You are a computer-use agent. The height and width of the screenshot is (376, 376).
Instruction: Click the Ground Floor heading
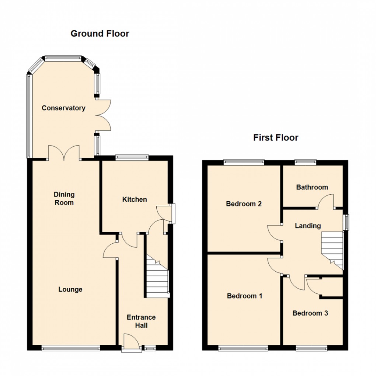pos(100,34)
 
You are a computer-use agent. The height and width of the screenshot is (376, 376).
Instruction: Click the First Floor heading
pos(275,138)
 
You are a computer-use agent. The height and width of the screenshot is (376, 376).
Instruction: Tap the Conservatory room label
pos(63,108)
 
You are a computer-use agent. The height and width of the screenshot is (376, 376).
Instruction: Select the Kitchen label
pos(135,199)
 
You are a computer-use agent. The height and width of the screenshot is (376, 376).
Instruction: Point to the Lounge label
pos(70,289)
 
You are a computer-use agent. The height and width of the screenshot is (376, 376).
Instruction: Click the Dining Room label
pos(64,198)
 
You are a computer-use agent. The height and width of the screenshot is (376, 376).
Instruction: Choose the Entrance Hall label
pos(141,321)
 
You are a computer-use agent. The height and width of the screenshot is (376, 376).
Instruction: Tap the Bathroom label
pos(312,187)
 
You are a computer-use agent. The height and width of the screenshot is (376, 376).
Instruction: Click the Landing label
pos(308,226)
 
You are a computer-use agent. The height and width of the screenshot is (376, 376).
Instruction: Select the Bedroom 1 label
pos(244,296)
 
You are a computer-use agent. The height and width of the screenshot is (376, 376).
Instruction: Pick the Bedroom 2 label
pos(244,203)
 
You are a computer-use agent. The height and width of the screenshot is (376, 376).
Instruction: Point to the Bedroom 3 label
pos(310,313)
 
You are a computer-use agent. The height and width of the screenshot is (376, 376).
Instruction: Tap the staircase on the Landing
pos(332,251)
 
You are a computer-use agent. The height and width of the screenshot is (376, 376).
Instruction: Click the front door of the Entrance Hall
pos(131,343)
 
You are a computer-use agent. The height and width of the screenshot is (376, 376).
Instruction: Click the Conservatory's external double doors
pos(103,115)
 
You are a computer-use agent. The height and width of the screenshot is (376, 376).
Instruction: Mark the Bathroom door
pos(327,203)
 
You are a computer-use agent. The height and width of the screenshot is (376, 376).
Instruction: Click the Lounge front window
pos(70,348)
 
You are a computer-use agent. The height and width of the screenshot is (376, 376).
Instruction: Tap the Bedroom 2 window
pos(244,161)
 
